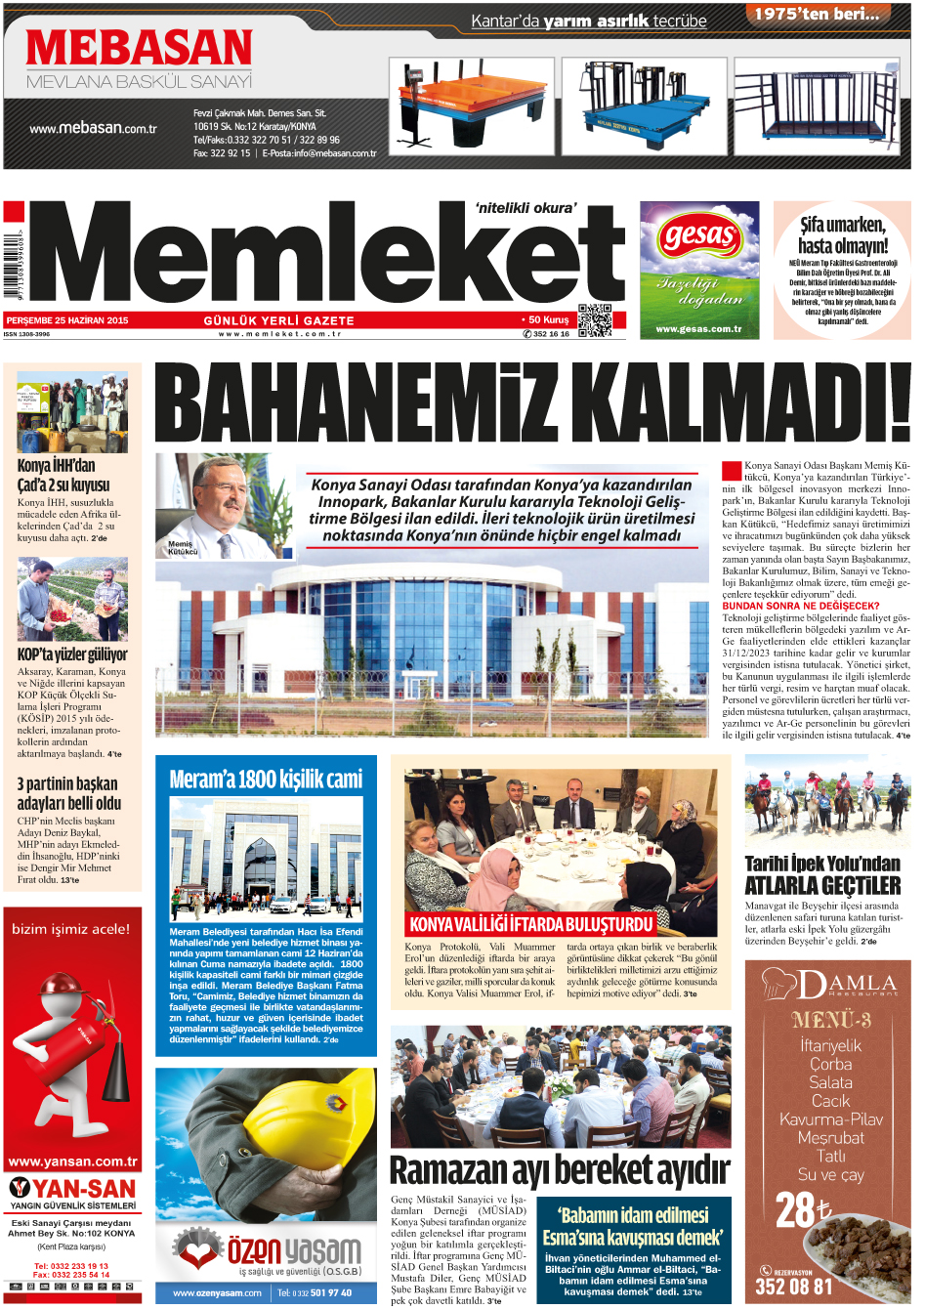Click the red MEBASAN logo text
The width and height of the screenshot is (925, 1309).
[x=139, y=48]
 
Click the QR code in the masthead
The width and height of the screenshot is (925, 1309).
[x=594, y=320]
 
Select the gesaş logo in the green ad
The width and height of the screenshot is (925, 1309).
[x=699, y=235]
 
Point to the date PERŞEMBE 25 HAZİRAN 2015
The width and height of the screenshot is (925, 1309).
[x=67, y=320]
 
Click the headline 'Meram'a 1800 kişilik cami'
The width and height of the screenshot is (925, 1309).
[x=266, y=779]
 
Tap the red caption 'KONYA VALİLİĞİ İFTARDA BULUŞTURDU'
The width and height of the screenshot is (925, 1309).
[x=530, y=924]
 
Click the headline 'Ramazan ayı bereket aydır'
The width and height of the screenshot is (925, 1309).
[x=559, y=1169]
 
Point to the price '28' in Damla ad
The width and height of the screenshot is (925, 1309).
[x=796, y=1211]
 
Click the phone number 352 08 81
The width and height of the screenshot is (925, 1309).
[x=793, y=1287]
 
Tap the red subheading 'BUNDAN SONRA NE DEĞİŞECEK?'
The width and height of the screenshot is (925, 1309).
[x=800, y=606]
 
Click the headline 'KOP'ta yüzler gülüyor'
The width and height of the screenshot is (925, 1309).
[x=72, y=654]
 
